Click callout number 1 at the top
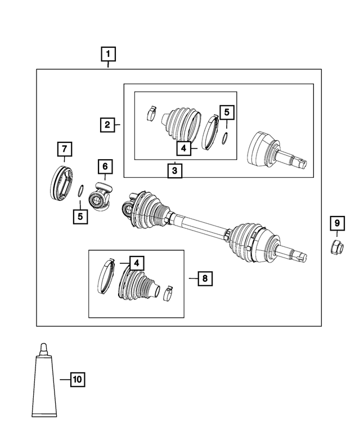tap(109, 55)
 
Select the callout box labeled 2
tap(107, 124)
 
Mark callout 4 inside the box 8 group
tap(136, 262)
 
